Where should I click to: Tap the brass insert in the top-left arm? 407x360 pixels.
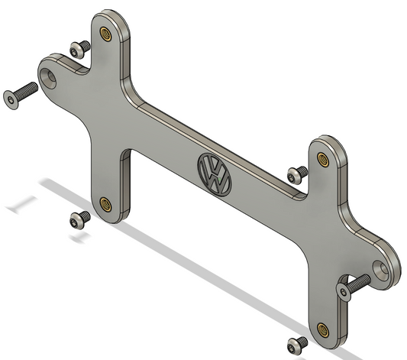pos(105,34)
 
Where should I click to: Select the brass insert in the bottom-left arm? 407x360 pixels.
pos(106,203)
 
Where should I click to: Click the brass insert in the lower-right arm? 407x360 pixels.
pos(323,329)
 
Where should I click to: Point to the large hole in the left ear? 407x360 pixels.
pos(52,76)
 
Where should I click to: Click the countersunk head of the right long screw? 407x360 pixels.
pos(344,289)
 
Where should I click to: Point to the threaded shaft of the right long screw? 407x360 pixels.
pos(360,280)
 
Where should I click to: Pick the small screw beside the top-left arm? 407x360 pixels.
pos(77,49)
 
